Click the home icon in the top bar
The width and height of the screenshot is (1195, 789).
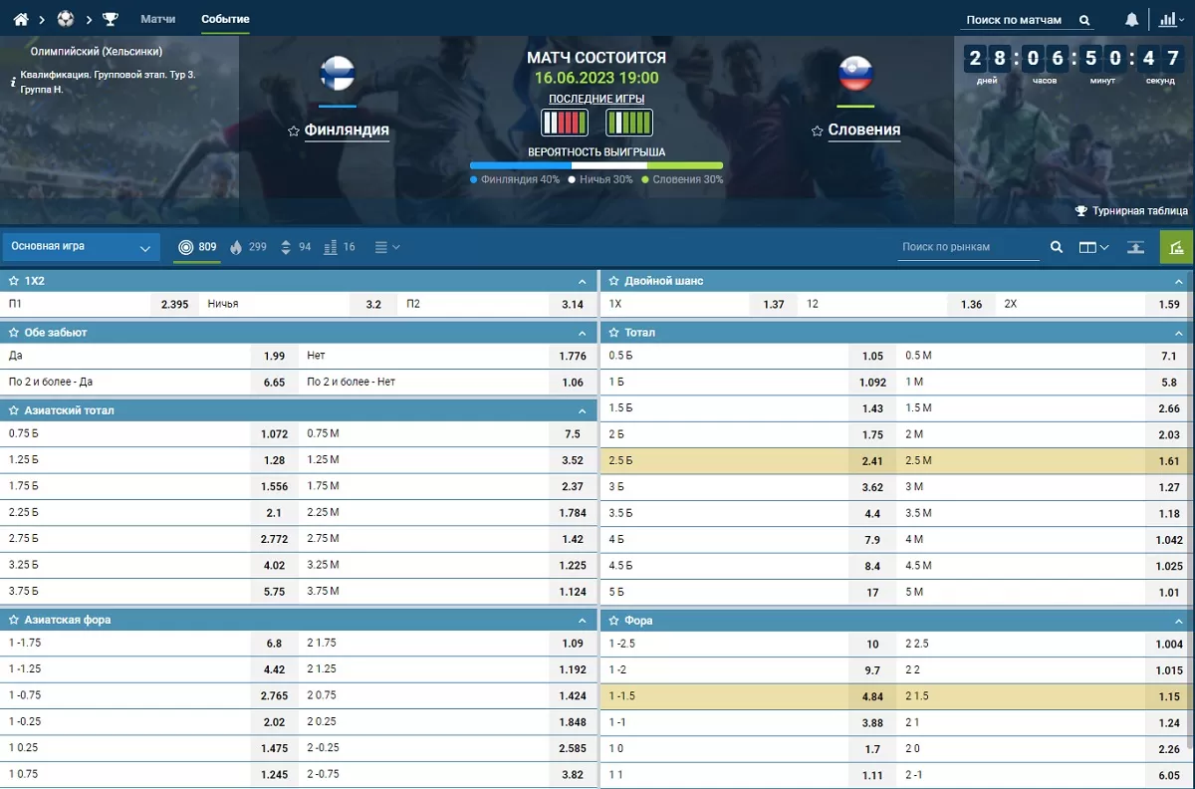point(21,19)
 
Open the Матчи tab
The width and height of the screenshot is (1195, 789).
point(158,19)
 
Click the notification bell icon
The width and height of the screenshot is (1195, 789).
point(1132,19)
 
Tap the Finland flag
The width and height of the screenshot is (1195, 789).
point(338,74)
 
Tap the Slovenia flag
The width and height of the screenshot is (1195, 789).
point(855,74)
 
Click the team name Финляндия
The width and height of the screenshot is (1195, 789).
point(347,130)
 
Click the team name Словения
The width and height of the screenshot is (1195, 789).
point(863,130)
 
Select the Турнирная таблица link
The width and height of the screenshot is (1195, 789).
point(1139,211)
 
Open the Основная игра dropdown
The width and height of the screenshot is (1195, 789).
point(82,247)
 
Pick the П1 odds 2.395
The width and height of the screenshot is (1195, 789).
point(174,305)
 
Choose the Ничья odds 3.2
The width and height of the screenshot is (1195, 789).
point(373,305)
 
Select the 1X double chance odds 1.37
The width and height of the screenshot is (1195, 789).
point(774,305)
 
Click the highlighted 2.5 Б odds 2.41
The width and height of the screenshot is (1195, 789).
point(871,461)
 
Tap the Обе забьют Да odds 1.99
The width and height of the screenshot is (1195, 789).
point(275,357)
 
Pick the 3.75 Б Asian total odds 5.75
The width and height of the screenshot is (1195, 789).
point(274,591)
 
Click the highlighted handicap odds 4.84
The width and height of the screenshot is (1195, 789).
point(871,695)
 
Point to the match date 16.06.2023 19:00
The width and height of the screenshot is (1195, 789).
point(597,78)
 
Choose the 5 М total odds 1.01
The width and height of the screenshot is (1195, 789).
point(1169,592)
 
